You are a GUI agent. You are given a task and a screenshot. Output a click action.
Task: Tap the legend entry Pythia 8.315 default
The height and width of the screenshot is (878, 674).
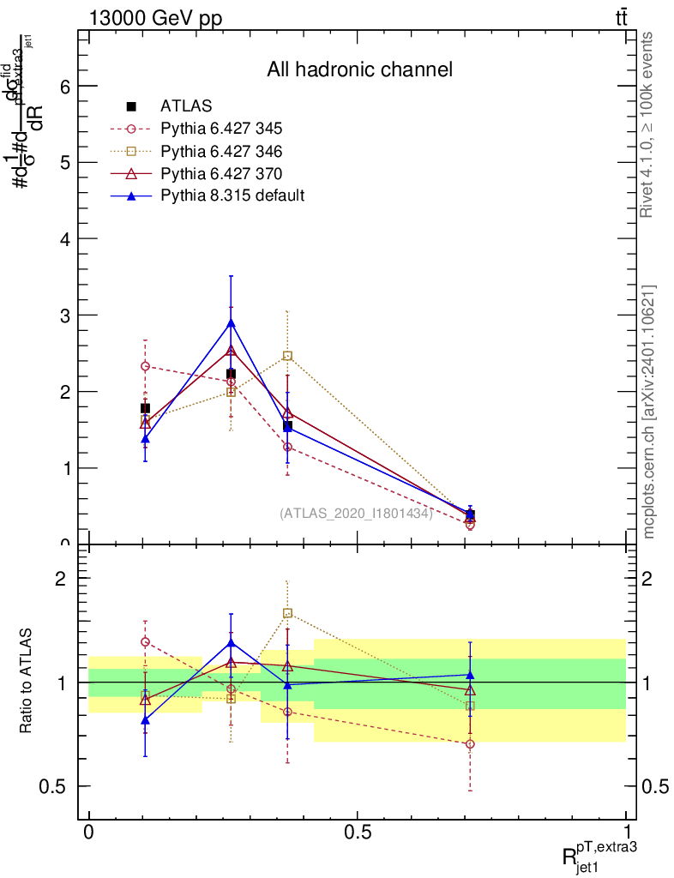(232, 195)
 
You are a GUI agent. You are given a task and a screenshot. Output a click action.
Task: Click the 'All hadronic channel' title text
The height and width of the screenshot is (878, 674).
(359, 69)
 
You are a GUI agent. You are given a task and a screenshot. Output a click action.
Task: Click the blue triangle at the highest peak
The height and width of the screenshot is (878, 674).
(231, 323)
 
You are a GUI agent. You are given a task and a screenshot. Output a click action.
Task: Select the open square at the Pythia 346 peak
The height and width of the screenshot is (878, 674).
(288, 356)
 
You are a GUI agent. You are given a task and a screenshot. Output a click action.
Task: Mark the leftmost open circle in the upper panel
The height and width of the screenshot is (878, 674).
(145, 366)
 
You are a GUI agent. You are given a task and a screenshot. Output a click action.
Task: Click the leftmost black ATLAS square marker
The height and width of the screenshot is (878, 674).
(145, 408)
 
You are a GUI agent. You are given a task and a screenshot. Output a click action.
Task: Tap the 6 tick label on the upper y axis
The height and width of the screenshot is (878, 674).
(64, 86)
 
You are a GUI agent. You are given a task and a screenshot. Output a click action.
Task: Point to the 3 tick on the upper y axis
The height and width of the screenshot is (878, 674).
(64, 315)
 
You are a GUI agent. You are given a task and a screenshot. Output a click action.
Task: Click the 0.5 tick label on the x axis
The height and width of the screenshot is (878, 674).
(357, 833)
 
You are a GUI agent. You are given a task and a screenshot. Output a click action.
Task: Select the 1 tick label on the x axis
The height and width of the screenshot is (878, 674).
(627, 833)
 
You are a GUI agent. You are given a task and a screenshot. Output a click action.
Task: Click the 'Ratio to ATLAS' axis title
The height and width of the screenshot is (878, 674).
(27, 683)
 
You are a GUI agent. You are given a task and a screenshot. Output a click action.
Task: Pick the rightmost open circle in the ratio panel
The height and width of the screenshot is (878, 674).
(470, 743)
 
